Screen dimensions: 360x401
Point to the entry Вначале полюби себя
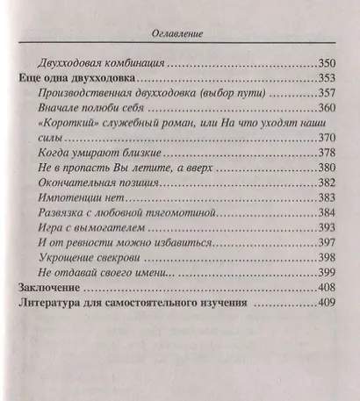(93, 107)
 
